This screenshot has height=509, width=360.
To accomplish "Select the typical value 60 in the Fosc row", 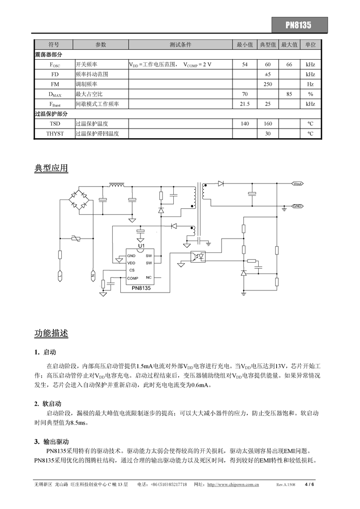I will (x=268, y=64).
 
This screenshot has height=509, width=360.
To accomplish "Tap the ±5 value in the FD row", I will (x=268, y=74).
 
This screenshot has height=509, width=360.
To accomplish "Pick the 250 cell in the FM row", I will (x=268, y=84).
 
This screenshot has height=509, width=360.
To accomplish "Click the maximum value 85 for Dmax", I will (x=290, y=94).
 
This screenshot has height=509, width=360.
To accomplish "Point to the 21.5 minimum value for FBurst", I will (x=245, y=104).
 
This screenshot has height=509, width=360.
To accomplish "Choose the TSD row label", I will (x=55, y=124).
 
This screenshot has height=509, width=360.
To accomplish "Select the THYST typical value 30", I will (x=268, y=134).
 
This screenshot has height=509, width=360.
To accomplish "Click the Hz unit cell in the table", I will (x=310, y=84).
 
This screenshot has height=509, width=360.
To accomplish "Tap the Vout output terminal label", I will (x=298, y=183).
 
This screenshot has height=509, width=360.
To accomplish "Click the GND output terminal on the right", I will (x=298, y=206).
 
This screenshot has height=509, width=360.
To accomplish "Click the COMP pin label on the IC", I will (x=133, y=278).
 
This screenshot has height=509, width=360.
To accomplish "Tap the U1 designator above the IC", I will (x=141, y=246).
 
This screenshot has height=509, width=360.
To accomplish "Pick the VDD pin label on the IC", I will (x=131, y=263).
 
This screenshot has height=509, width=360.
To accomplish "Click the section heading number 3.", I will (x=37, y=441).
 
